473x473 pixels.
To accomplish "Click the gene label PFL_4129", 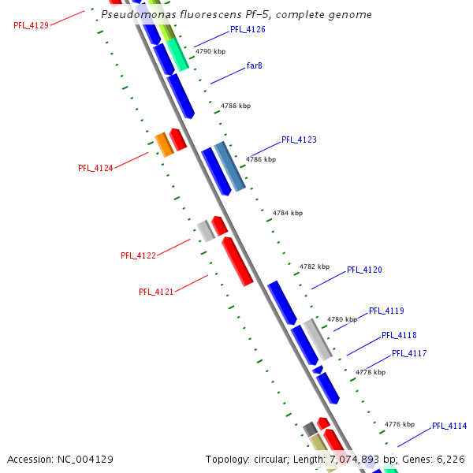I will click(31, 25).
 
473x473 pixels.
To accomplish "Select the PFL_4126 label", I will click(248, 29).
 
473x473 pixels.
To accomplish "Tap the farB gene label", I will click(255, 65).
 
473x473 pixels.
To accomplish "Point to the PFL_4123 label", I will click(299, 140).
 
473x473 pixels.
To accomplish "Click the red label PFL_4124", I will click(95, 168).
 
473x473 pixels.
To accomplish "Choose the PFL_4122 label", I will click(138, 255).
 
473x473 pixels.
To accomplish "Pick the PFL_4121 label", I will click(156, 292).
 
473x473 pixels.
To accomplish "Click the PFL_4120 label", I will click(364, 270).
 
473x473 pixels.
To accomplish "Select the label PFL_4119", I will click(386, 311).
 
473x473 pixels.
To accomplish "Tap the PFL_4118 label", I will click(399, 335).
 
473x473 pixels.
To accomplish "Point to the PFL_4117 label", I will click(409, 353).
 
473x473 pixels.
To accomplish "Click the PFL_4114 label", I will click(449, 426).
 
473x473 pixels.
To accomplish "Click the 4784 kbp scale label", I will click(288, 213).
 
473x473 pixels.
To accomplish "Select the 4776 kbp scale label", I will click(400, 424).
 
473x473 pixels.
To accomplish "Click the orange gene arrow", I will click(164, 145).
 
